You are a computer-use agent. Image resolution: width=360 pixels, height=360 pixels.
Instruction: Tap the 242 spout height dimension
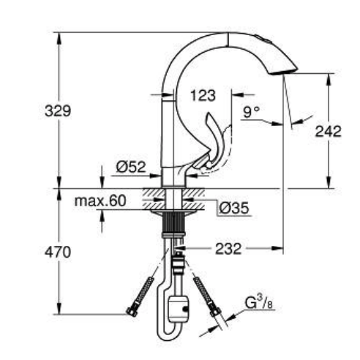[x=328, y=131]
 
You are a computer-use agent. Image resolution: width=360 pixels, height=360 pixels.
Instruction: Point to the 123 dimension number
[x=202, y=94]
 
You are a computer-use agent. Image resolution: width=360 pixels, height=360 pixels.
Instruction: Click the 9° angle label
[x=251, y=113]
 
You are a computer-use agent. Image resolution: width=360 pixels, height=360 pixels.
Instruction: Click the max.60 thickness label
[x=100, y=200]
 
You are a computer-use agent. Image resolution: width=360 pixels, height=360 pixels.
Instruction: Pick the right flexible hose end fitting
[x=216, y=312]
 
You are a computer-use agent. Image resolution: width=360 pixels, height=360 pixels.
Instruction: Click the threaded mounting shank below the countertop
[x=173, y=223]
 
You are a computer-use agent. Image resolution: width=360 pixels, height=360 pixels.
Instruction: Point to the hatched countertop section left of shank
[x=152, y=195]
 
